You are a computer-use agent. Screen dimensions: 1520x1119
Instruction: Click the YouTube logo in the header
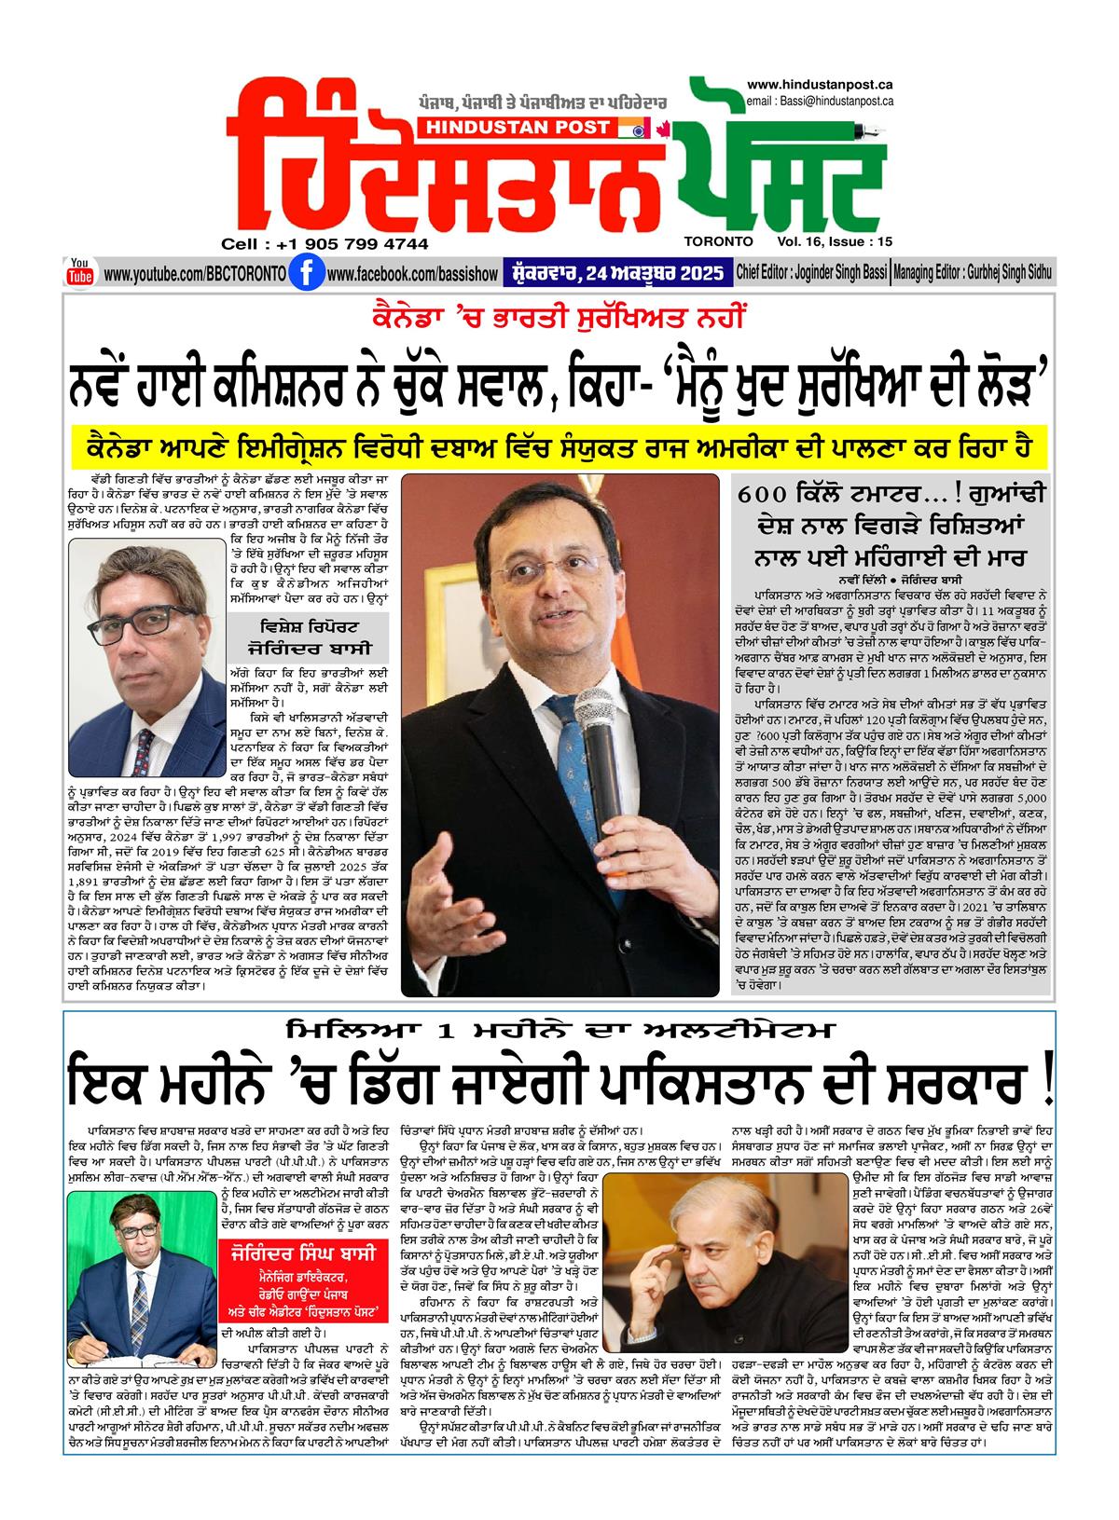pyautogui.click(x=80, y=271)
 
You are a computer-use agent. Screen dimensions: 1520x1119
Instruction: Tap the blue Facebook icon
pyautogui.click(x=301, y=274)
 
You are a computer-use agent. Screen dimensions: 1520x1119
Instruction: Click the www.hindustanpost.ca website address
pyautogui.click(x=820, y=85)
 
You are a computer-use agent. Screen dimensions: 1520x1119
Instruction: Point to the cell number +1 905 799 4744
pyautogui.click(x=325, y=244)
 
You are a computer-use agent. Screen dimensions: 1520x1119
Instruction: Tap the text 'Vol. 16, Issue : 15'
pyautogui.click(x=825, y=240)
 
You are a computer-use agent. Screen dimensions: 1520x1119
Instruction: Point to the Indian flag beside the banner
pyautogui.click(x=633, y=128)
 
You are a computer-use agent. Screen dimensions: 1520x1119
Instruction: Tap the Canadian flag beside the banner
pyautogui.click(x=663, y=128)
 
